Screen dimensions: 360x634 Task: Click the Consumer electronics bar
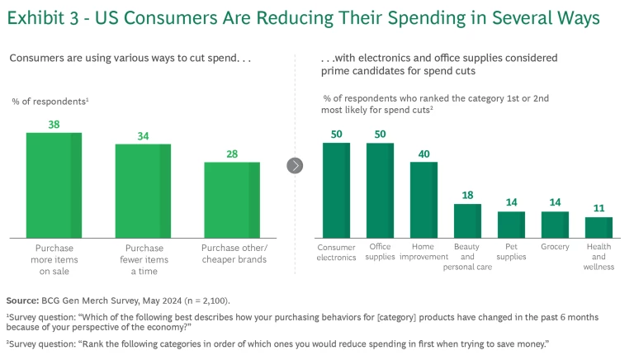click(336, 191)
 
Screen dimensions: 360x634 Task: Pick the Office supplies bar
click(380, 191)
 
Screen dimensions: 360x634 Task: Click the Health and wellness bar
click(599, 228)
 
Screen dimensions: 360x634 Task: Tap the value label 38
click(54, 125)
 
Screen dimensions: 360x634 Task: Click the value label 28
click(232, 154)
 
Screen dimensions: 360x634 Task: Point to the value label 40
click(423, 154)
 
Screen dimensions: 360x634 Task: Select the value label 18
click(467, 196)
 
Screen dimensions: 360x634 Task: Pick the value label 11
click(599, 209)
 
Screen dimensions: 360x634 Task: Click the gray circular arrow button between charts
click(296, 166)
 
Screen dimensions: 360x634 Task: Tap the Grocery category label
click(555, 246)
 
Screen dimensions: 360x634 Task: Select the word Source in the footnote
click(22, 300)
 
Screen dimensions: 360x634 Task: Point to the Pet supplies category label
click(511, 251)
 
